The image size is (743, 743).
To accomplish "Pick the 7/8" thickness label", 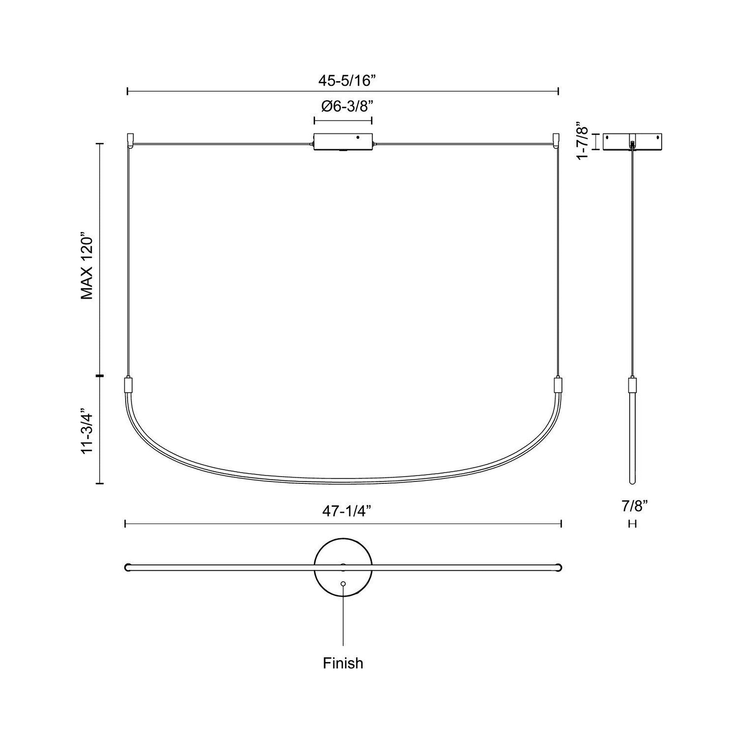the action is click(633, 507).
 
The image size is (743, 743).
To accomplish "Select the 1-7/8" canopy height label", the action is click(583, 141).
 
